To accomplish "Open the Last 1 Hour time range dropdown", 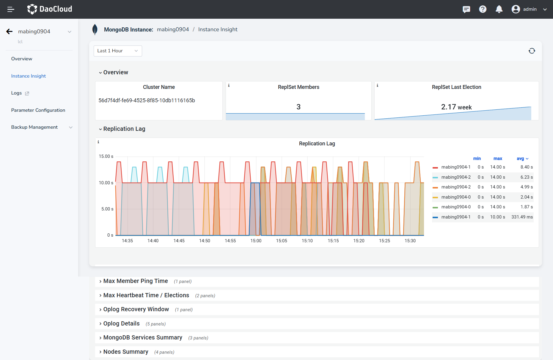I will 117,51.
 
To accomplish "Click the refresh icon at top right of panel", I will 532,51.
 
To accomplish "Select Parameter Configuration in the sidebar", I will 38,110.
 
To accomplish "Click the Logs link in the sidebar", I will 17,93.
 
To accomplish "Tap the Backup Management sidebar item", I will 34,127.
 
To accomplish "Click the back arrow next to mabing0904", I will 10,32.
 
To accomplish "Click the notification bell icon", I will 499,9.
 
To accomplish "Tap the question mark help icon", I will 483,9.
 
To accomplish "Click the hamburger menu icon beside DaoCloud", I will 11,9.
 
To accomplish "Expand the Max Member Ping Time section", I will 135,281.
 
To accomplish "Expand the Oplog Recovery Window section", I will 136,309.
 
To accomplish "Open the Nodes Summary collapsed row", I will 125,352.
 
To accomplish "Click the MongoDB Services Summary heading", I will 142,337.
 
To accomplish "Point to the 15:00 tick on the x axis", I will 256,241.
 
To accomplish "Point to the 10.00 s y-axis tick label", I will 106,183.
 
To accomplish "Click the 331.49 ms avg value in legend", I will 522,217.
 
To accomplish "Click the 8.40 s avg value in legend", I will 526,167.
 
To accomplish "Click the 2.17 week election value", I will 456,107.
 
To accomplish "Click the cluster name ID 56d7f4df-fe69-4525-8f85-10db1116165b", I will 147,100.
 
